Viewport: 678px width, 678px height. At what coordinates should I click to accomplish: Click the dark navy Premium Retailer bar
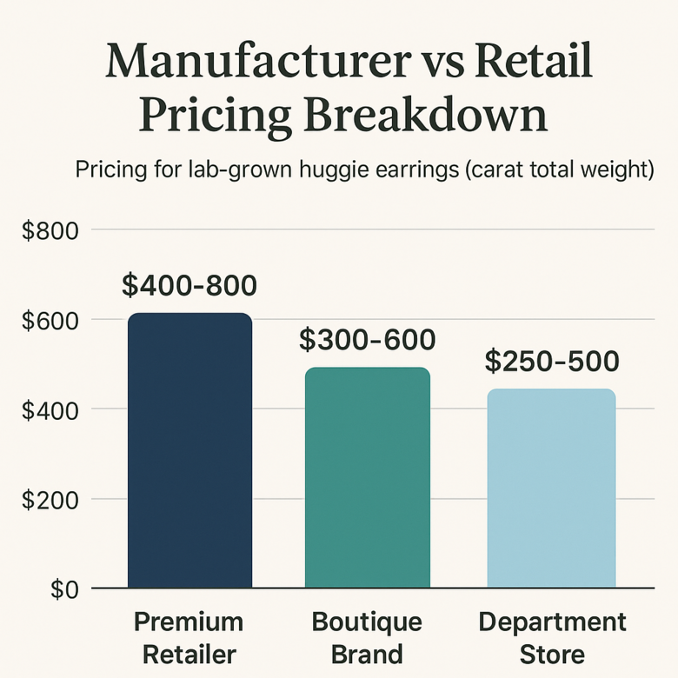[189, 450]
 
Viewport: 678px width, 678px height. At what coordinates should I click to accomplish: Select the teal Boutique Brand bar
[367, 477]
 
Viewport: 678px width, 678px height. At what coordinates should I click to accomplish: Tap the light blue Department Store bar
[550, 488]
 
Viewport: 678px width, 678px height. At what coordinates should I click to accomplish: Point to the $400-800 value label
[189, 285]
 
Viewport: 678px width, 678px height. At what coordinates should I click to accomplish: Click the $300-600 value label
[367, 340]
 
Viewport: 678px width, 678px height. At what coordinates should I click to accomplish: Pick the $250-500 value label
[551, 361]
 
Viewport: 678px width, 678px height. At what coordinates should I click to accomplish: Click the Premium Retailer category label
[189, 637]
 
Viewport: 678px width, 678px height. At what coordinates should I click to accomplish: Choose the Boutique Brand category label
[366, 637]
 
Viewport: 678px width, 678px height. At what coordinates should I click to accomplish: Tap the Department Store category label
[552, 637]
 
